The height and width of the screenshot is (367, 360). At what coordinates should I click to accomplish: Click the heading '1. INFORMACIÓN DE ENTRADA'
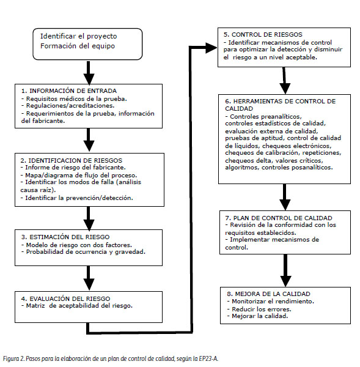click(69, 91)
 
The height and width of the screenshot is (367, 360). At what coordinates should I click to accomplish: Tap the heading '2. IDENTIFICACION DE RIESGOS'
click(71, 160)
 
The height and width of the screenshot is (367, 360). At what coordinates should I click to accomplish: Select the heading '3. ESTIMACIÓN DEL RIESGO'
click(65, 237)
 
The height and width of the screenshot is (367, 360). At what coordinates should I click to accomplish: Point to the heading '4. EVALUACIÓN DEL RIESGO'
click(65, 298)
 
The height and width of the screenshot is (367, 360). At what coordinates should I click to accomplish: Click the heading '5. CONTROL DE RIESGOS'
click(263, 35)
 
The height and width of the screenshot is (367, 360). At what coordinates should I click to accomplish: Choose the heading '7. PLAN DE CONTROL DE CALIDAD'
click(279, 218)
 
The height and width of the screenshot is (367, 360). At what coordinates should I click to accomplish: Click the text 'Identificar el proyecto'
click(78, 36)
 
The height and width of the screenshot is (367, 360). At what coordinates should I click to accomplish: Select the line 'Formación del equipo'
click(78, 46)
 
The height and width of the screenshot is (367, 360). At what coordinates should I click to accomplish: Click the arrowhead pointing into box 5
click(211, 48)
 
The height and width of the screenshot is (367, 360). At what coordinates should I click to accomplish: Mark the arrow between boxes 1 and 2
click(89, 139)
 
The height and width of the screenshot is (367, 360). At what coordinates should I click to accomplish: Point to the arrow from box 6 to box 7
click(285, 197)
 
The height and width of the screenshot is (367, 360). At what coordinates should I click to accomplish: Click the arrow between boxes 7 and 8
click(285, 270)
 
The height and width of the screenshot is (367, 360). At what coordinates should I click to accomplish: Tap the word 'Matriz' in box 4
click(35, 306)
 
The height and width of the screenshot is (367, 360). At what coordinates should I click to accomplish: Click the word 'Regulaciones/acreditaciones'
click(70, 106)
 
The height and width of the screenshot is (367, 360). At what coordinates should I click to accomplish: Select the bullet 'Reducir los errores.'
click(261, 309)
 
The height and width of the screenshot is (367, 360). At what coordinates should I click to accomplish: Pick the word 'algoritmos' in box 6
click(241, 168)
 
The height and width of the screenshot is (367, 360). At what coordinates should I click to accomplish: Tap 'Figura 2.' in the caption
click(13, 358)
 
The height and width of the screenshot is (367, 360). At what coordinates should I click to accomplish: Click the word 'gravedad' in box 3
click(130, 252)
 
